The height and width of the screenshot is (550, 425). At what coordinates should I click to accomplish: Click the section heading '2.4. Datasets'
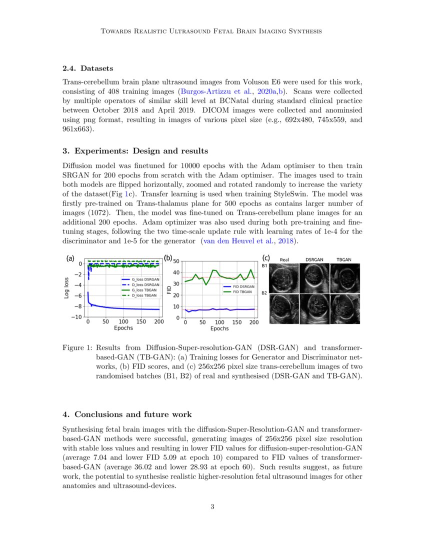(87, 68)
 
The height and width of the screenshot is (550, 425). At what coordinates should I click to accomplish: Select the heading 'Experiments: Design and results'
(141, 151)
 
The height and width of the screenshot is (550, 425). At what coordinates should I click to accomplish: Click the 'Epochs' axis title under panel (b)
(219, 328)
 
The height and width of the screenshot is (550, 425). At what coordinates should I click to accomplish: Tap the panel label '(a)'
(70, 259)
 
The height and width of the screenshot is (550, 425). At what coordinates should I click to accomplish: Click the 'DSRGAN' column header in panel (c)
(314, 260)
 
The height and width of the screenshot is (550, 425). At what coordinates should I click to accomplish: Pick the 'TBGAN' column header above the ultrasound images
(343, 260)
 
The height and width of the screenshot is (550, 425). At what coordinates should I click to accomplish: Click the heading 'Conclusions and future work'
(127, 414)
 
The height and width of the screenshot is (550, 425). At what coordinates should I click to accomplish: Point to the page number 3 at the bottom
(212, 507)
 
